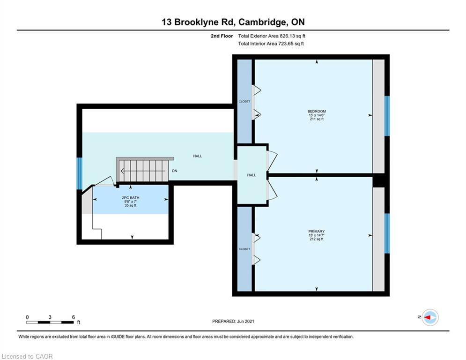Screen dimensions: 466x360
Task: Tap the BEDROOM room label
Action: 317,111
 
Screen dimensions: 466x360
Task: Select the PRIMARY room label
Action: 316,231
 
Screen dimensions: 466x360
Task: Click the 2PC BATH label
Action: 131,197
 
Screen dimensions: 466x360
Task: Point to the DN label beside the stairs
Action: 174,171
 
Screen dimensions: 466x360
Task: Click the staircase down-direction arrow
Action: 143,171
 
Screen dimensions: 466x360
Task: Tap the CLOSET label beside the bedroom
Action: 244,101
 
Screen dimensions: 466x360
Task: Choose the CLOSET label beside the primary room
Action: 244,249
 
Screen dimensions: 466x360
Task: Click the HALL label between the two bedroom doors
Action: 251,175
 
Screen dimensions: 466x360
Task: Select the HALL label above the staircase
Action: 197,156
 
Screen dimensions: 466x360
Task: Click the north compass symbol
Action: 430,317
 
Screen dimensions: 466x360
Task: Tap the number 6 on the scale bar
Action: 74,317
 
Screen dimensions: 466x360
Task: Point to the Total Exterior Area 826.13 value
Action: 292,36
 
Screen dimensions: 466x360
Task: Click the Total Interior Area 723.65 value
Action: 291,44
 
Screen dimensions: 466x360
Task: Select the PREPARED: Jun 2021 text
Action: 233,321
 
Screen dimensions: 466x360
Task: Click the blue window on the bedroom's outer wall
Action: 387,116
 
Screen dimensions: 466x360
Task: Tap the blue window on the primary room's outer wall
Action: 387,233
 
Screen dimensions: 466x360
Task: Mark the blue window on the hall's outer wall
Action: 79,174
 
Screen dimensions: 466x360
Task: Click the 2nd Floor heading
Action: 222,36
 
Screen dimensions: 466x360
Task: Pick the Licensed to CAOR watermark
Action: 27,356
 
